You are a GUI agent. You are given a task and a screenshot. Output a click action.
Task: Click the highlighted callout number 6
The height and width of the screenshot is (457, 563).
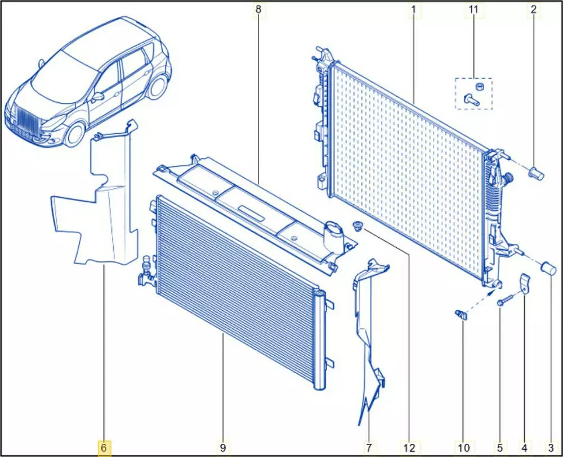pos(104,447)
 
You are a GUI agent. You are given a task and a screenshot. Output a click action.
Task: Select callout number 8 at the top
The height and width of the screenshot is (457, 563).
pos(258,10)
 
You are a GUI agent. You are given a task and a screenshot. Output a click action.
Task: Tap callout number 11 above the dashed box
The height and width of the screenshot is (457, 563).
pos(473,10)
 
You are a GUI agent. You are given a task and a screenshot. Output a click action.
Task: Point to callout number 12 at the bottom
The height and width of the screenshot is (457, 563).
pos(409,447)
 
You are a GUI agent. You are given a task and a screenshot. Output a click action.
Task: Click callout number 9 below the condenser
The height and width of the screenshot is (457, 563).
pos(222,447)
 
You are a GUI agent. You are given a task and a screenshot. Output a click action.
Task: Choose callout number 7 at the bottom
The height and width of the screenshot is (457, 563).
pos(369,447)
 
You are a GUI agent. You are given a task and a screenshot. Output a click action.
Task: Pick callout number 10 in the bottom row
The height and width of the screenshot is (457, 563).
pos(463,447)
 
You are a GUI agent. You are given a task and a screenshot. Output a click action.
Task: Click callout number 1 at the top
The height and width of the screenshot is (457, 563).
pos(414,10)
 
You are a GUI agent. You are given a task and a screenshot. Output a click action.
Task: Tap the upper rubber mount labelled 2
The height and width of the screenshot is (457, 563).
pos(537,174)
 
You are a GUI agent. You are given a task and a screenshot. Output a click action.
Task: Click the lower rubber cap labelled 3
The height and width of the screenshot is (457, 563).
pos(549,268)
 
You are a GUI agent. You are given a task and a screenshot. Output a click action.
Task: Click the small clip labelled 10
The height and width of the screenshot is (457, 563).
pos(462,315)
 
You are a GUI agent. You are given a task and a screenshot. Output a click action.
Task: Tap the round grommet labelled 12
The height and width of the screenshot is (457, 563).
pos(359,226)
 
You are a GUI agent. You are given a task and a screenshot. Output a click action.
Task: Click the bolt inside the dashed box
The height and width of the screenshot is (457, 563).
pos(472,99)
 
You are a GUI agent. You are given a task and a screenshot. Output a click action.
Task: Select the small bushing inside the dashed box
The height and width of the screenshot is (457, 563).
pos(478,86)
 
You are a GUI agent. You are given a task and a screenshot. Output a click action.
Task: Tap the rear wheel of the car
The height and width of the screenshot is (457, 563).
pos(158,87)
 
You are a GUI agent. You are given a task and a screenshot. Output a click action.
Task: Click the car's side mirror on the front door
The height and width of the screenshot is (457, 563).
pos(98,97)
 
